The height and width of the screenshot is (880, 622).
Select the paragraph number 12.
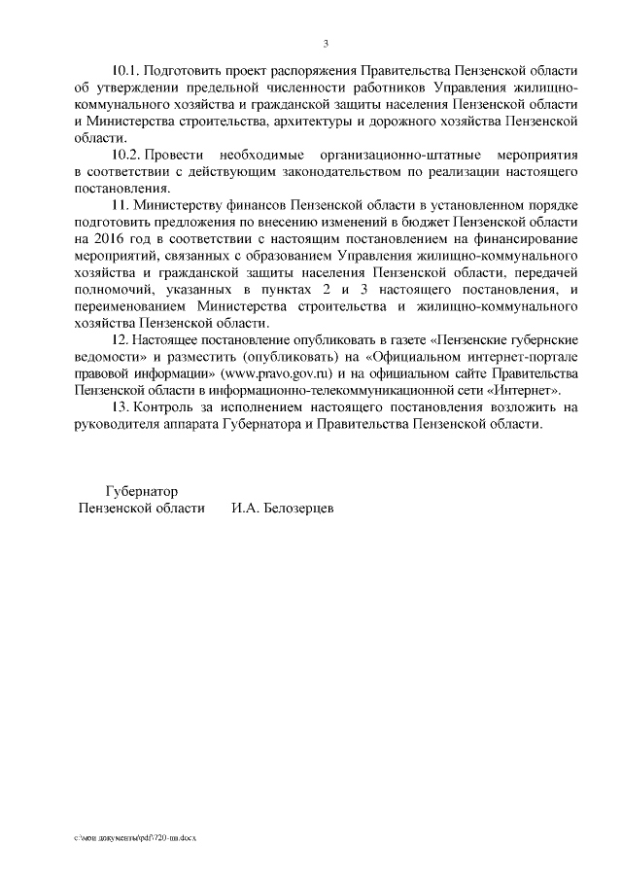click(121, 338)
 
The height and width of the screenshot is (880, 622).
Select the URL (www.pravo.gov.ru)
click(330, 373)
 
